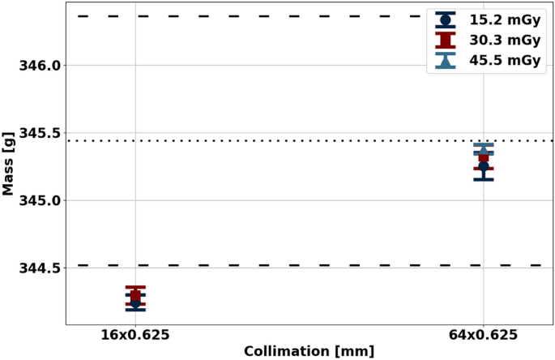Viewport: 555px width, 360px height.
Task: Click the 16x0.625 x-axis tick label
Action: [x=136, y=335]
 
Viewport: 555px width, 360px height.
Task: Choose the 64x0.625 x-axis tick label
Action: [x=484, y=335]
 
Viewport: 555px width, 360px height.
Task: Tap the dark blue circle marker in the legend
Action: [x=445, y=19]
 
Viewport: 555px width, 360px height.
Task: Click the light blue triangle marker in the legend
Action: [x=445, y=61]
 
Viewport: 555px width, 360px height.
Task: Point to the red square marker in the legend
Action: [x=445, y=40]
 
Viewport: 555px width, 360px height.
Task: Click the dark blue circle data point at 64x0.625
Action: [x=484, y=166]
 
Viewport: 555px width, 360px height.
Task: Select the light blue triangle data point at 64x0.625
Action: [x=484, y=149]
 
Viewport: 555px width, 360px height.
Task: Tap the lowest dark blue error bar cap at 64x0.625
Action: [x=484, y=179]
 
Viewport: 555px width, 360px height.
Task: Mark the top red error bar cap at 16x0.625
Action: [x=136, y=287]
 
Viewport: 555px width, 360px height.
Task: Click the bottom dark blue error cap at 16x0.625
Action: [x=136, y=310]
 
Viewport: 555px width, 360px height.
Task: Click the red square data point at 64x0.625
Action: [x=484, y=157]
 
